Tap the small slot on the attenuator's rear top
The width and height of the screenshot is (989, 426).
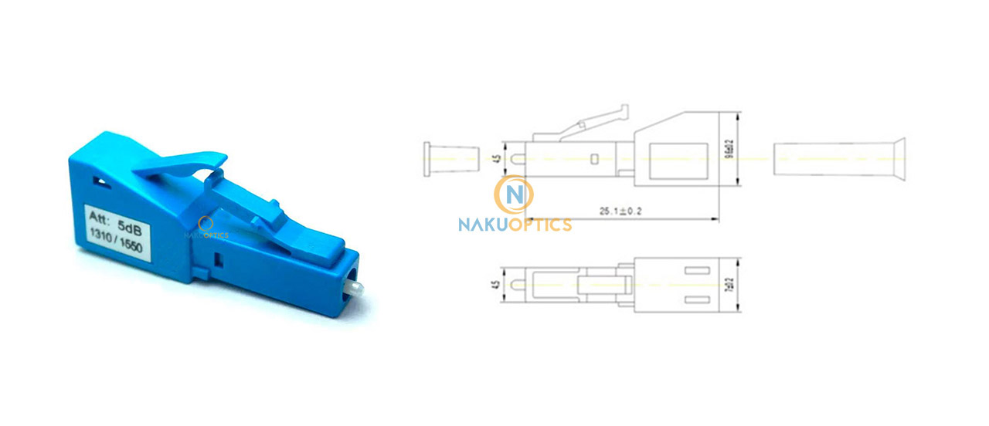(99, 181)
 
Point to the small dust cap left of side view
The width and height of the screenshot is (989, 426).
(447, 159)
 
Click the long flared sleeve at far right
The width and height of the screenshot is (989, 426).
(838, 159)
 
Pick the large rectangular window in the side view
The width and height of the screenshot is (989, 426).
(678, 159)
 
